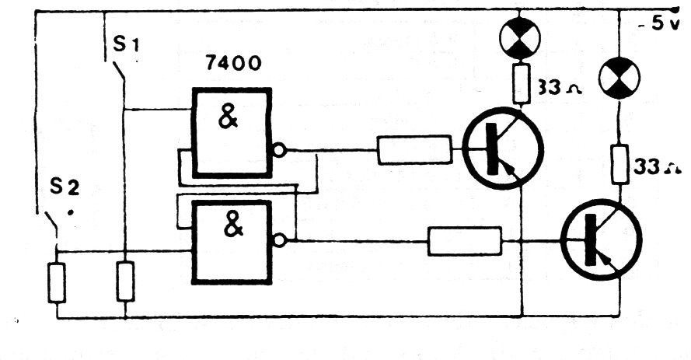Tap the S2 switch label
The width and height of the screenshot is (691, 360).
[x=65, y=187]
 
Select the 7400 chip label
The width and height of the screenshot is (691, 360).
[x=233, y=64]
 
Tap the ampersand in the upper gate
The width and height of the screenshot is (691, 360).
[x=229, y=118]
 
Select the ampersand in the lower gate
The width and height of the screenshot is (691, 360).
[x=233, y=226]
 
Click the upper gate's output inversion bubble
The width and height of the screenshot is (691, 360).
[x=279, y=150]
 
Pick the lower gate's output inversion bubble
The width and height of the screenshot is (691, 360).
[x=279, y=240]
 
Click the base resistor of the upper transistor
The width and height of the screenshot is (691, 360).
[x=415, y=150]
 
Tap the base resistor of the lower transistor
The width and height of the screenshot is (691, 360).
[x=465, y=241]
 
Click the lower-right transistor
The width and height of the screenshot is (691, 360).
[x=602, y=240]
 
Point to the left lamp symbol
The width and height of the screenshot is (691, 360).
[x=520, y=38]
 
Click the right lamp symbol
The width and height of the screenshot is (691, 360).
[x=619, y=79]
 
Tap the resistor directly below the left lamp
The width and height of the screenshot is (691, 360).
[x=521, y=83]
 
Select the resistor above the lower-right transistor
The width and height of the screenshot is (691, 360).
[x=619, y=164]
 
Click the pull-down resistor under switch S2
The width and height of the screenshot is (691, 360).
[x=57, y=283]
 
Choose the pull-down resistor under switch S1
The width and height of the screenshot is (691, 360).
[x=126, y=281]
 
